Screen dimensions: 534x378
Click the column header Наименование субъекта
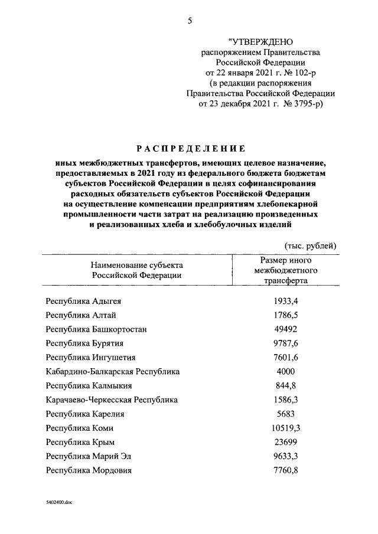[136, 265]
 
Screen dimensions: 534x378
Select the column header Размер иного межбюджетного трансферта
[286, 270]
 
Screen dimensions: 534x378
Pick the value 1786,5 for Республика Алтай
[286, 315]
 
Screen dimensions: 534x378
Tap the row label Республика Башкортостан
[96, 329]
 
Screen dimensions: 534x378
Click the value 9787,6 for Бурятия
[286, 343]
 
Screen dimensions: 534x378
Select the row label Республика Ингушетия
[91, 358]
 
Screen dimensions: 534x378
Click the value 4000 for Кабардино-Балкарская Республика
[286, 372]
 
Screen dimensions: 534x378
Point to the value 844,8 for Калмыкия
[286, 386]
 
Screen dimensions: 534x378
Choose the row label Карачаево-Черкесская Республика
[112, 400]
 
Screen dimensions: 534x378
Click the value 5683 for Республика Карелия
[286, 414]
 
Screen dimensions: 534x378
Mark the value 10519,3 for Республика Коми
[286, 428]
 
